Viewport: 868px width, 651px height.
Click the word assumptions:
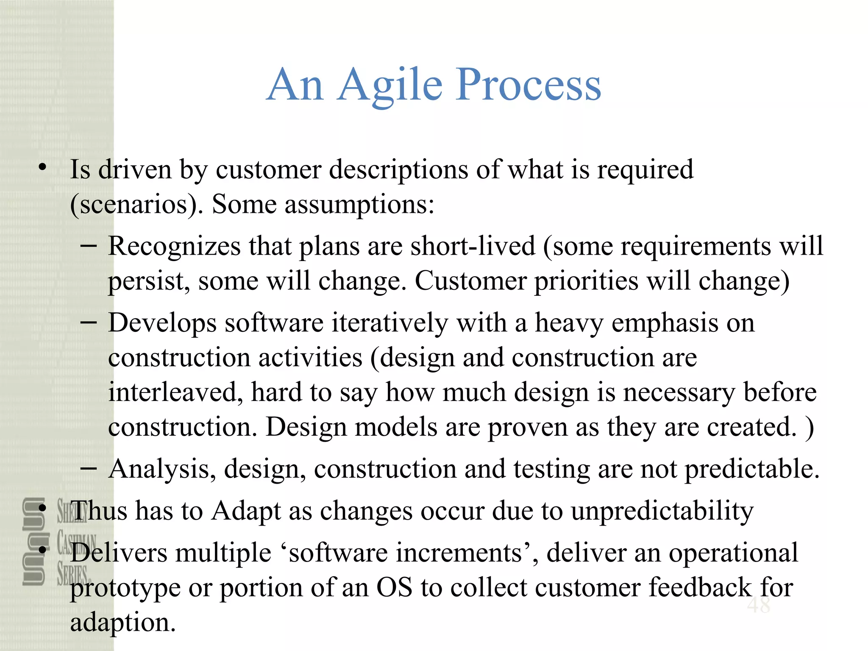[359, 205]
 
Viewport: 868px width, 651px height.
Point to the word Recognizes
[174, 246]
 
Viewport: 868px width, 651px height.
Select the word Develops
[162, 323]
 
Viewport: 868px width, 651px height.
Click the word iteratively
[389, 323]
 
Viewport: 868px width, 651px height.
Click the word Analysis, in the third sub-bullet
[162, 469]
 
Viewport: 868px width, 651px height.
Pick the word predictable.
[752, 469]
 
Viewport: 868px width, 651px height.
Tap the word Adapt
[246, 511]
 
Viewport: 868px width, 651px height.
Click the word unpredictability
[662, 511]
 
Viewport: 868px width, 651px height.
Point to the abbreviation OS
[394, 588]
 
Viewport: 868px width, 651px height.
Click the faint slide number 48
[758, 605]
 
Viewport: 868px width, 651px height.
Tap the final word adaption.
[123, 623]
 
